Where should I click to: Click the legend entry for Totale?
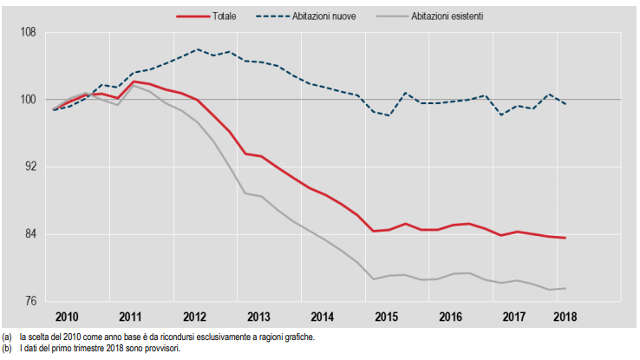226,16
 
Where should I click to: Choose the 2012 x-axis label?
194,317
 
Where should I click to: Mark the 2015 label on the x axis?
386,317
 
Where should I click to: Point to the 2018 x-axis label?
565,317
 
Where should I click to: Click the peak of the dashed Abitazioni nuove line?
198,49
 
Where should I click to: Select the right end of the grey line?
565,288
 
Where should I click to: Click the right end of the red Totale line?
565,238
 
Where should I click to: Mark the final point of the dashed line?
565,104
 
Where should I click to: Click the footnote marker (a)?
7,337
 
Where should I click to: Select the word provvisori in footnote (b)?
163,348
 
